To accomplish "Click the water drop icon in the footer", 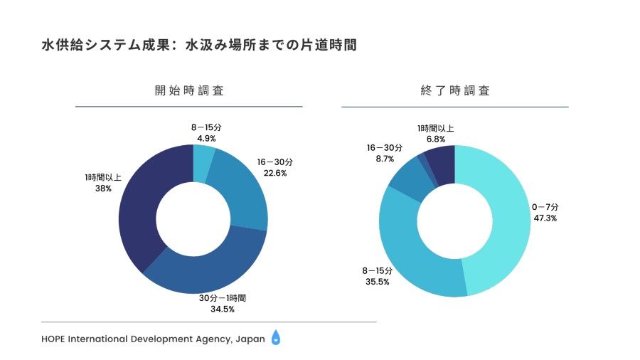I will [x=276, y=339].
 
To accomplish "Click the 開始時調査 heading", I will [x=189, y=91].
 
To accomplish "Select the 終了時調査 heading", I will [x=455, y=91].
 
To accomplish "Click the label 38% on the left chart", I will [x=102, y=189].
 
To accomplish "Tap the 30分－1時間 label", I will [x=223, y=298].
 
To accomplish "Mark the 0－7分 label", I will [x=545, y=207].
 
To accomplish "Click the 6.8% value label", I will [x=435, y=139].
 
